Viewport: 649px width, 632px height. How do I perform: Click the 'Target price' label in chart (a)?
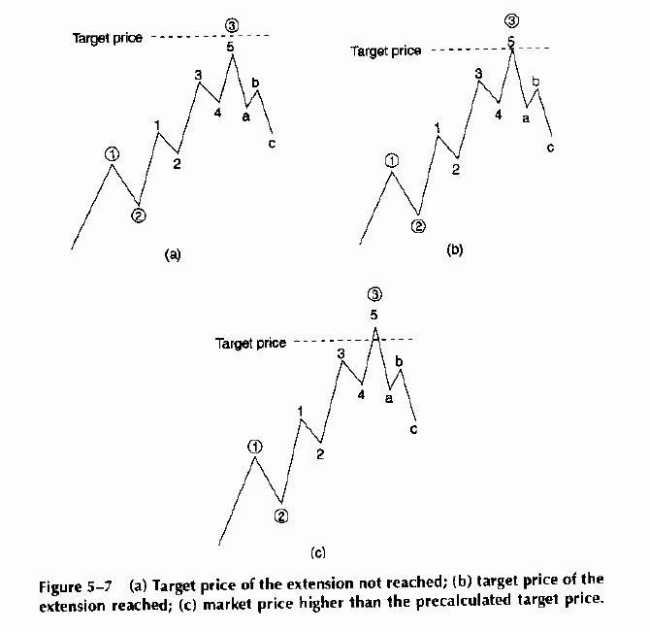coord(108,38)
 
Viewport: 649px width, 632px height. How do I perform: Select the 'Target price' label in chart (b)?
coord(386,50)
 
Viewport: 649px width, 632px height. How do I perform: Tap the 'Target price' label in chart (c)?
coord(251,343)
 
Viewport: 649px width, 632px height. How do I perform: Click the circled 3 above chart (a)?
coord(231,23)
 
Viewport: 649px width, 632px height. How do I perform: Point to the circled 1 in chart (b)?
coord(392,160)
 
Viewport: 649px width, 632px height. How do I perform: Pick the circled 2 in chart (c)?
coord(281,516)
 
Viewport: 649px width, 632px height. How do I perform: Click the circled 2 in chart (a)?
coord(139,216)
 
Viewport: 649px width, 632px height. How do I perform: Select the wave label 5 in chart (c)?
coord(374,315)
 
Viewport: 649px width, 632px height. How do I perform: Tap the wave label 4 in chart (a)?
coord(218,113)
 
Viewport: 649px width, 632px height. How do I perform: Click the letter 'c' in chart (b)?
coord(550,148)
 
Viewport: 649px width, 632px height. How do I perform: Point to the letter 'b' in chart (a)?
coord(255,83)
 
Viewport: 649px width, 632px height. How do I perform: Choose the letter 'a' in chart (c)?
coord(388,396)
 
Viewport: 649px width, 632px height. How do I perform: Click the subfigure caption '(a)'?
coord(173,255)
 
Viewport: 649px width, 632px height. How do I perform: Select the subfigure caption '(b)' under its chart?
coord(454,249)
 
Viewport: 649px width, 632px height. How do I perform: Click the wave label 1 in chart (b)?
coord(438,127)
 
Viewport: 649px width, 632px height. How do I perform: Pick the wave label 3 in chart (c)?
coord(341,354)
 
